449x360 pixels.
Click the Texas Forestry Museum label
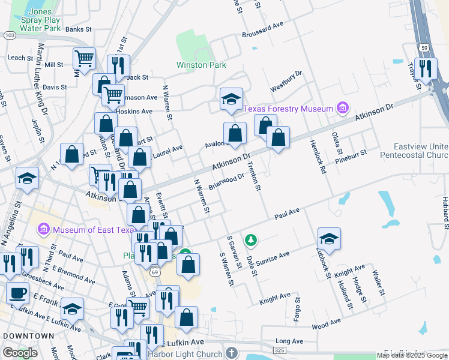tap(288, 109)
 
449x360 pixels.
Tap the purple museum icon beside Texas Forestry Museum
tap(343, 108)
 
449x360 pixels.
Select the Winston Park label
tap(200, 65)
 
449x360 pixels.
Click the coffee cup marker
tap(17, 293)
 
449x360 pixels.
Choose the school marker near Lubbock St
tap(328, 239)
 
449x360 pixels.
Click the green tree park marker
tap(251, 241)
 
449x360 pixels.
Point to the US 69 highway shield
tap(155, 271)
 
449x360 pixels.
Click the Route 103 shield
tap(9, 36)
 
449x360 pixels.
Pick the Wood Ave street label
tap(326, 324)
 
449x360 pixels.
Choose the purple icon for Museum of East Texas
tap(43, 230)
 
